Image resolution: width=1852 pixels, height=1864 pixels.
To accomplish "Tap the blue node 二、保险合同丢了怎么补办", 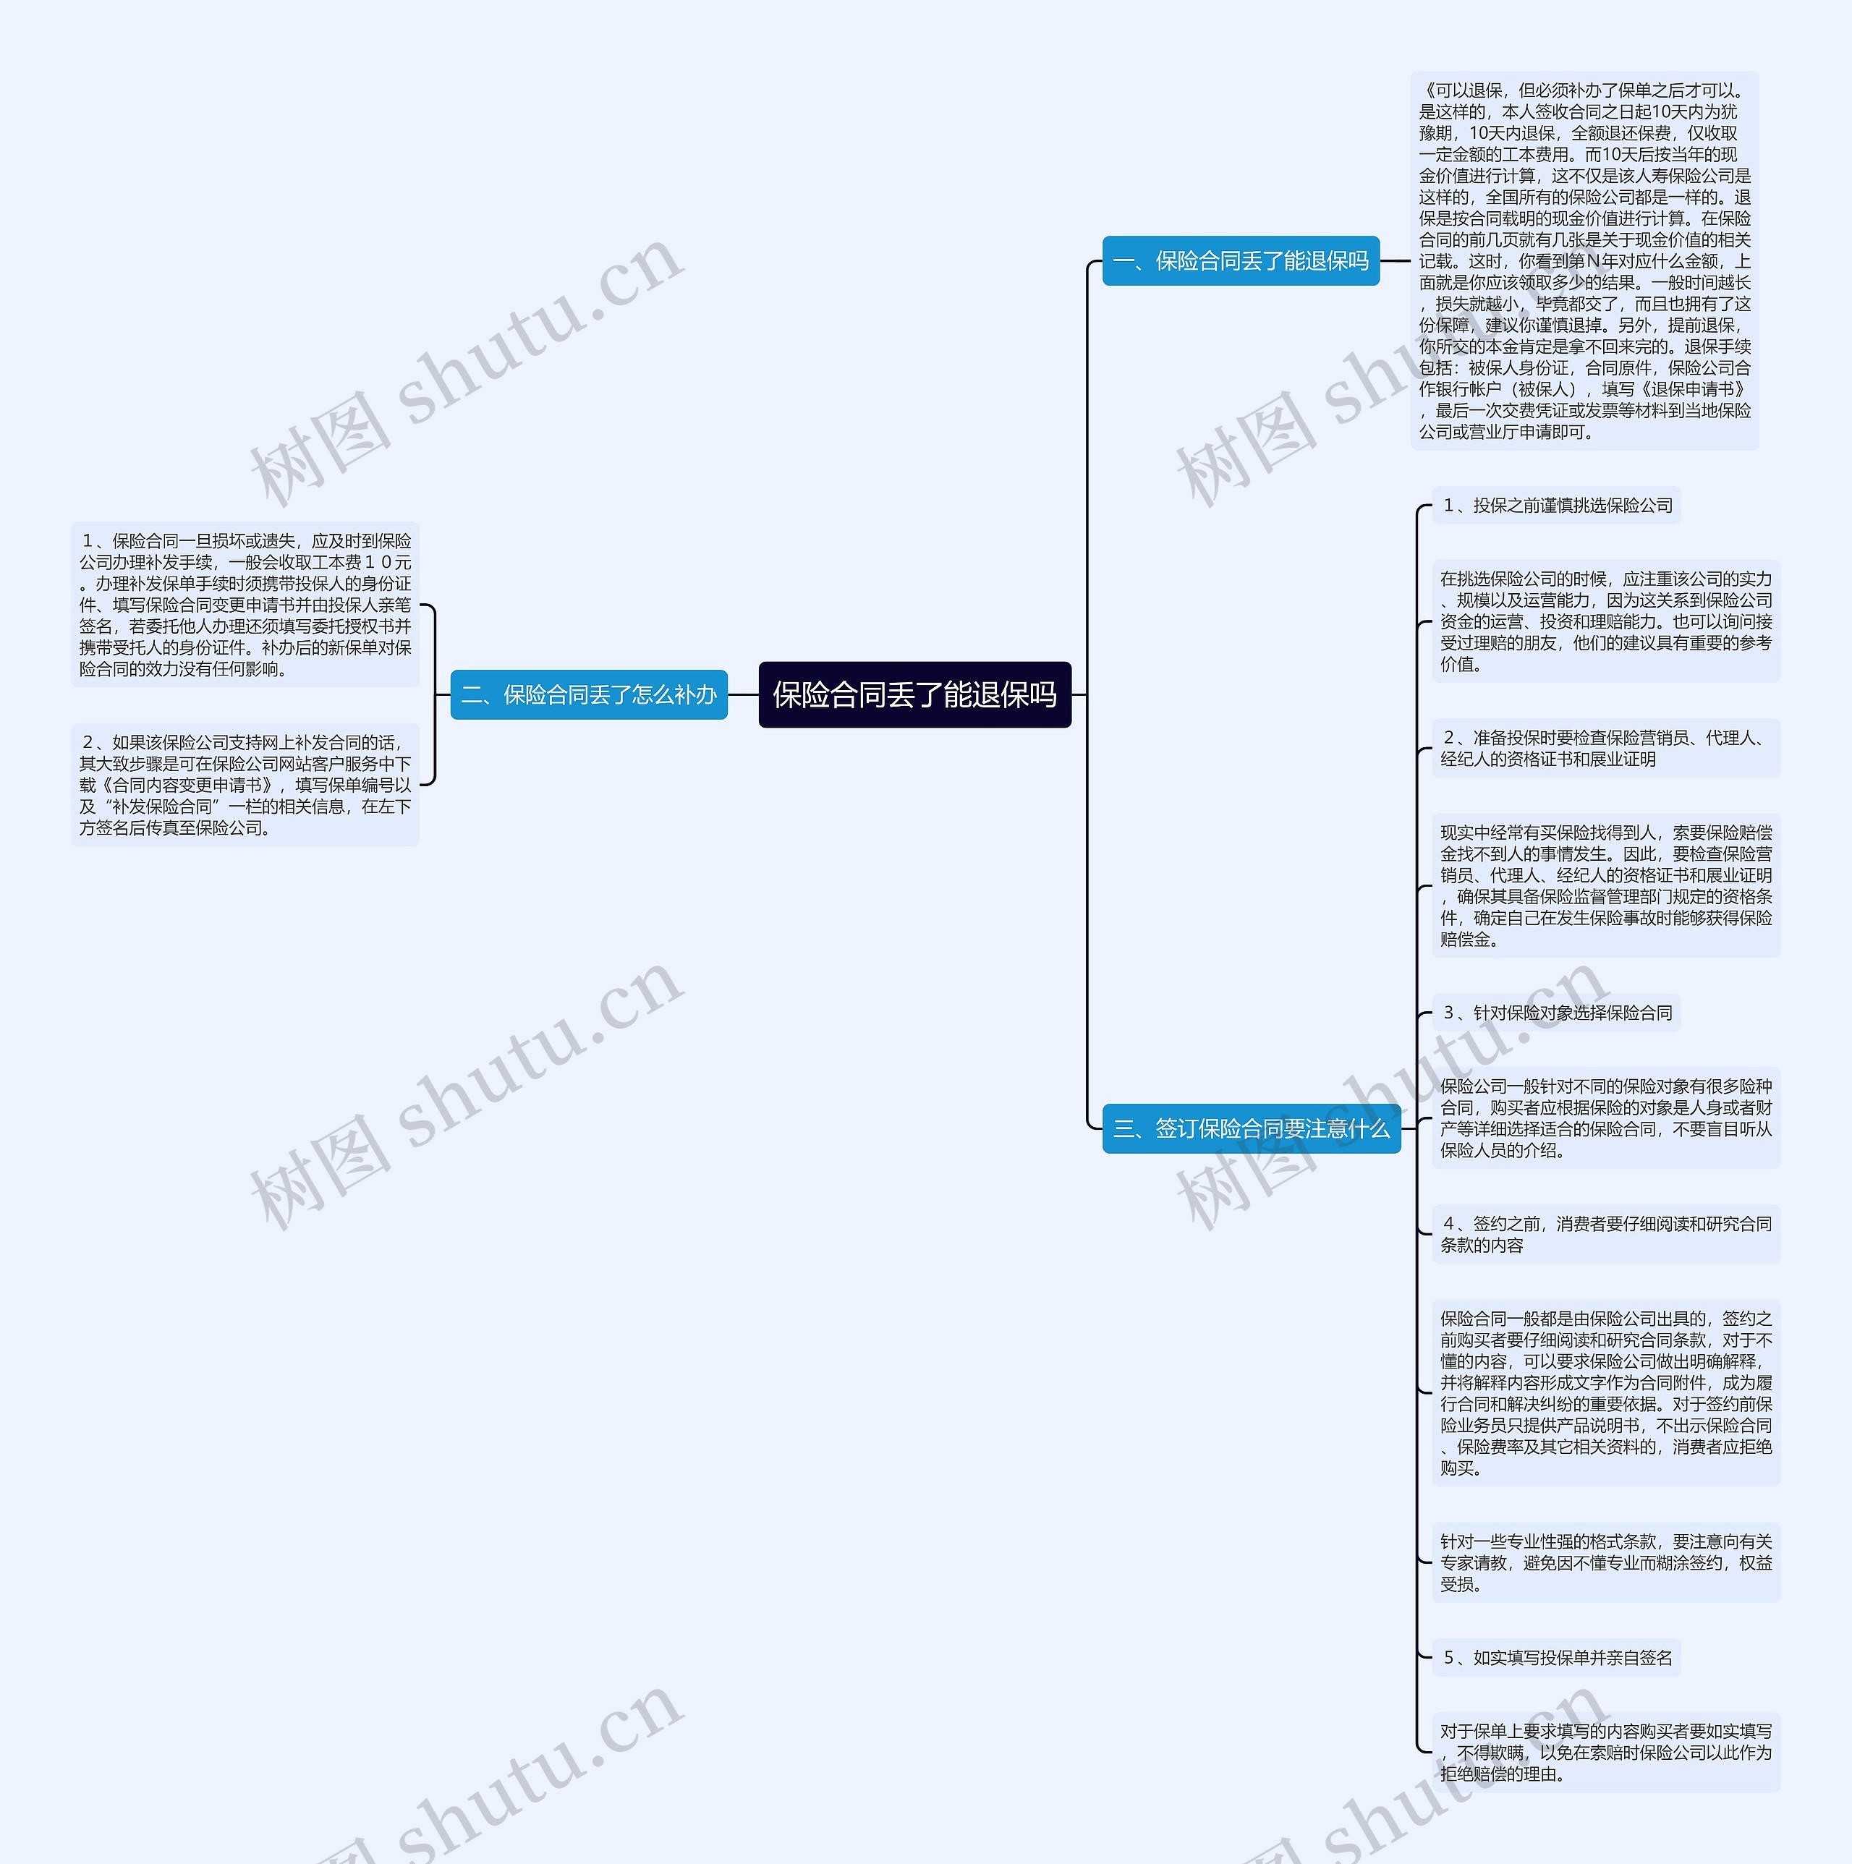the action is pyautogui.click(x=589, y=694).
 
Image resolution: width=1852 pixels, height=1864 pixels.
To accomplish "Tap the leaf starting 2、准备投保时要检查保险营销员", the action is pyautogui.click(x=1605, y=749).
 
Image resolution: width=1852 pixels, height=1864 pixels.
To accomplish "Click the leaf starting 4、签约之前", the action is pyautogui.click(x=1605, y=1234).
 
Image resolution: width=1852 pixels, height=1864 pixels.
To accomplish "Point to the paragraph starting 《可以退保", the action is pyautogui.click(x=1584, y=260).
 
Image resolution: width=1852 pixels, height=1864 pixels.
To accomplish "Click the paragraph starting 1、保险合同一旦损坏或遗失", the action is pyautogui.click(x=245, y=605).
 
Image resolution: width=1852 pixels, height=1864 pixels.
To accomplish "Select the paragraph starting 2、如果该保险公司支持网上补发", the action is pyautogui.click(x=245, y=784).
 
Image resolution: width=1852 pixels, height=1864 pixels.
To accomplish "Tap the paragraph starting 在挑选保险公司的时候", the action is pyautogui.click(x=1605, y=621).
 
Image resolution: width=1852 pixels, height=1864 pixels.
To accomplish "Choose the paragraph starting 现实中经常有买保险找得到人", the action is pyautogui.click(x=1605, y=885).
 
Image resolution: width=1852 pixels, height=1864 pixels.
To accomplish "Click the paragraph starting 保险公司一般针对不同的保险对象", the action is pyautogui.click(x=1605, y=1118).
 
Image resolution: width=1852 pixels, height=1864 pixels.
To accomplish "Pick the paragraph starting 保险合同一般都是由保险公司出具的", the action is pyautogui.click(x=1605, y=1392).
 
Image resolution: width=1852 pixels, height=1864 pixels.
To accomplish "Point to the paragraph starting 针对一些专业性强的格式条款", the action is pyautogui.click(x=1605, y=1562).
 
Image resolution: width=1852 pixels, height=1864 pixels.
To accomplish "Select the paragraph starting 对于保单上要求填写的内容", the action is pyautogui.click(x=1605, y=1752).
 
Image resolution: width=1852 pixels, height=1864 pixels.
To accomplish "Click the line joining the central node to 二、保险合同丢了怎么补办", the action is pyautogui.click(x=743, y=694).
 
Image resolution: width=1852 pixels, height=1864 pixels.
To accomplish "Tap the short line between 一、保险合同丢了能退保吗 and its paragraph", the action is pyautogui.click(x=1395, y=260).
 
